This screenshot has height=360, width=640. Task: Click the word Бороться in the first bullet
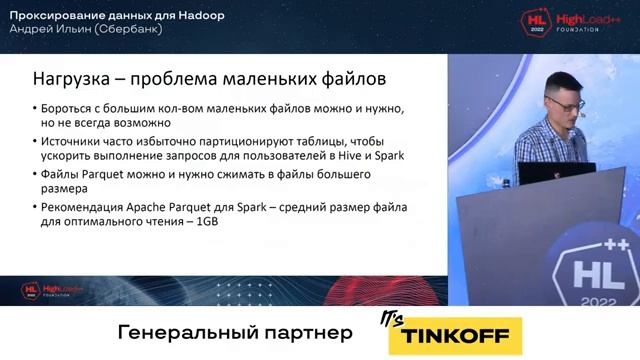tap(67, 107)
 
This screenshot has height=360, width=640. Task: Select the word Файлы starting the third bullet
tap(62, 175)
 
